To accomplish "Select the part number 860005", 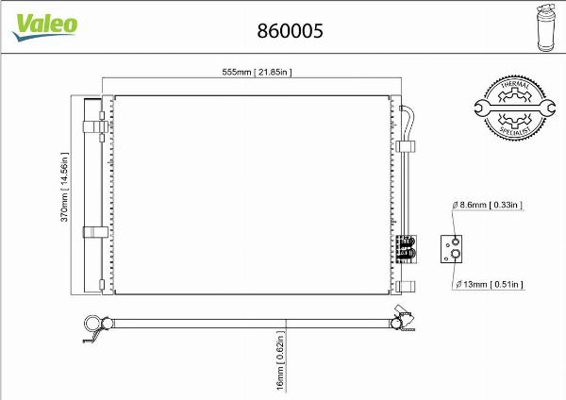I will (x=291, y=31).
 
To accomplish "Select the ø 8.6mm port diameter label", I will (x=487, y=205).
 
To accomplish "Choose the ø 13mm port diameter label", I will (x=488, y=283).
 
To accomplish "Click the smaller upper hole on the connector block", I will (x=455, y=240).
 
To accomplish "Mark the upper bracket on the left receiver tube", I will (x=95, y=125).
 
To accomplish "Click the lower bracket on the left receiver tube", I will (x=95, y=232).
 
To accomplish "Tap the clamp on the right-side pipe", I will (x=408, y=146).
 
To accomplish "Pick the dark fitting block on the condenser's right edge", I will (x=405, y=246).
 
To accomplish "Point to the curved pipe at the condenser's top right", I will (x=408, y=114).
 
